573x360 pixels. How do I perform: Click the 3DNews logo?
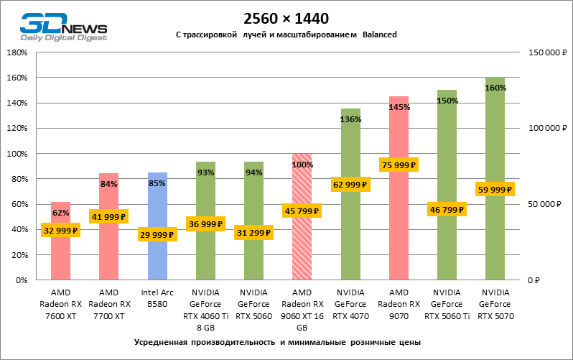pos(63,27)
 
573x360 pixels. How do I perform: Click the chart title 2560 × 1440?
pos(286,19)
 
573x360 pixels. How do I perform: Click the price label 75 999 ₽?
pos(399,165)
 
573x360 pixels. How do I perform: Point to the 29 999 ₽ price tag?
pos(157,235)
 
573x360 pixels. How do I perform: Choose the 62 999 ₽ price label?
pos(350,185)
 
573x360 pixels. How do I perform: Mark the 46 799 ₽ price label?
pos(447,210)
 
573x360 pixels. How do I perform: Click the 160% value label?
pos(495,88)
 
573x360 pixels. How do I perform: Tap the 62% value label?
pos(60,213)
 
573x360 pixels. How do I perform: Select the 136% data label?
pos(350,120)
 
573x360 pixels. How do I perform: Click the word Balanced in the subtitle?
pos(380,34)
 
